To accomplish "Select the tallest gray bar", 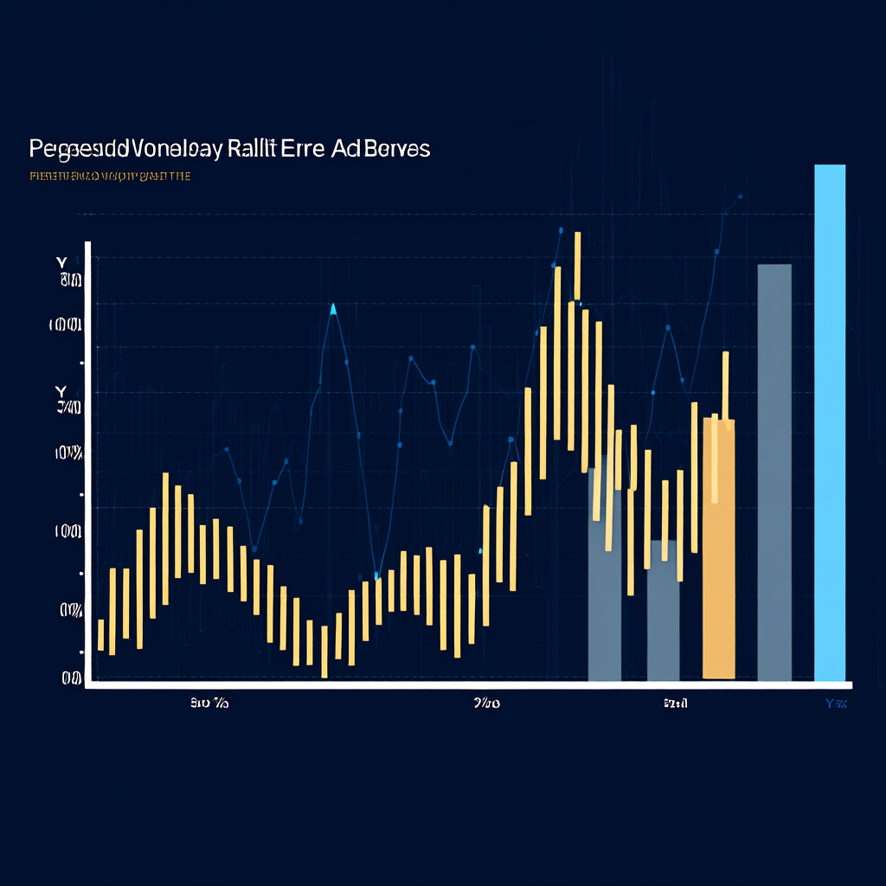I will (x=774, y=472).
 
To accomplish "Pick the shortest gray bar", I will (x=663, y=610).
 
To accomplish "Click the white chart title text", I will (x=229, y=149).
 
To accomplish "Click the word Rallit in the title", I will (x=252, y=149).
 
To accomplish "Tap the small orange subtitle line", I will (x=109, y=177).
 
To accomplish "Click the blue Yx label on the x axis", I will (x=836, y=704).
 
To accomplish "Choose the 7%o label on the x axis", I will (x=486, y=704).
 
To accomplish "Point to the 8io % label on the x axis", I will (x=209, y=704).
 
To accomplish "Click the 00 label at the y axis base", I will (x=71, y=679).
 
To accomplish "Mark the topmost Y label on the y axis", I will (x=61, y=261).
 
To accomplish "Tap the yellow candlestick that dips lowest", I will (x=324, y=652).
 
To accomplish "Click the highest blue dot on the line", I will (x=741, y=196).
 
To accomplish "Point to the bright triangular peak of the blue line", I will (x=333, y=308).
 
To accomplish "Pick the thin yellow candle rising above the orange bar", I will (x=725, y=389).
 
